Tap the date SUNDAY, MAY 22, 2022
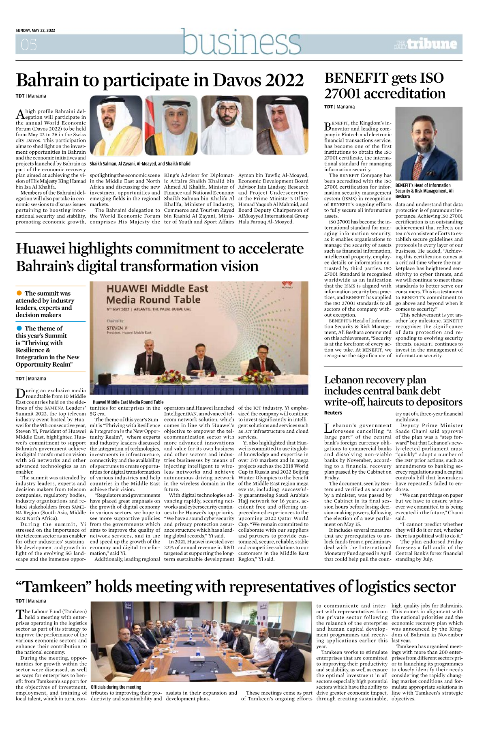point(35,30)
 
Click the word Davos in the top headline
point(236,80)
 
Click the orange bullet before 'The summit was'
point(19,293)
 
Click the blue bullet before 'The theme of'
point(19,328)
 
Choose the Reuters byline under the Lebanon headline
point(333,413)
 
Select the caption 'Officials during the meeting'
point(116,687)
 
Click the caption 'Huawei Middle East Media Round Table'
point(128,402)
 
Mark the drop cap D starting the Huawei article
point(20,393)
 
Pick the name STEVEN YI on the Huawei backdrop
point(118,328)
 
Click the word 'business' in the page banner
point(241,42)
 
